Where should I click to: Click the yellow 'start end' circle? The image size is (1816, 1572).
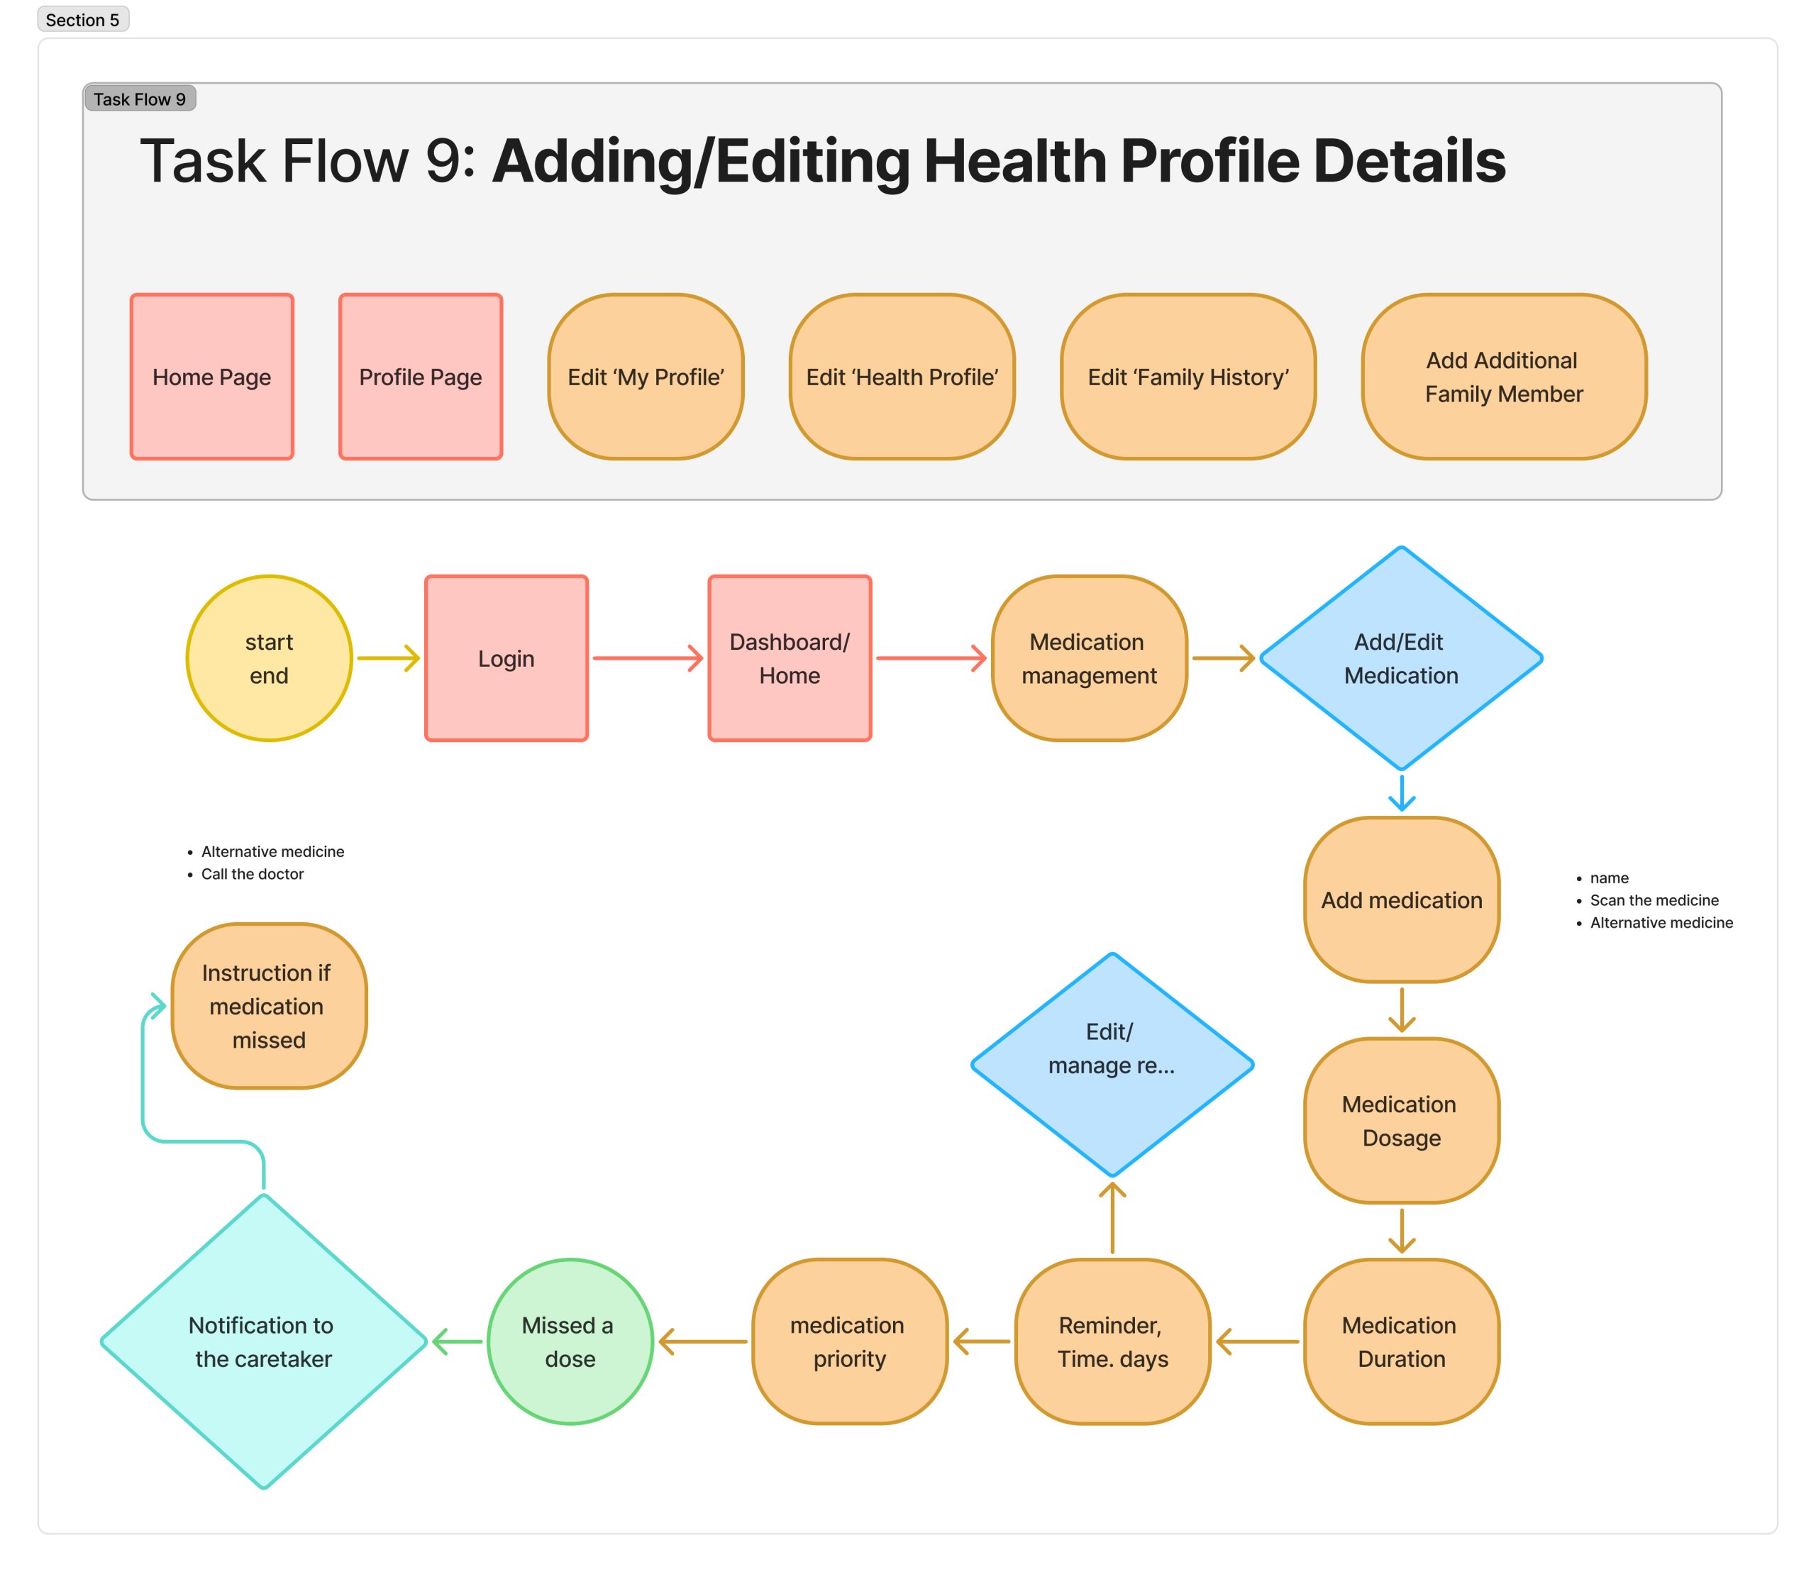pyautogui.click(x=270, y=659)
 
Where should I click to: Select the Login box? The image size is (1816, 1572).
pyautogui.click(x=506, y=659)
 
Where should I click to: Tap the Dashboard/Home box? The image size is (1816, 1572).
pyautogui.click(x=790, y=659)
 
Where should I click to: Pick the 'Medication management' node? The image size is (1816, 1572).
pyautogui.click(x=1089, y=659)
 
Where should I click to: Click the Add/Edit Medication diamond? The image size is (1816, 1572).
pyautogui.click(x=1401, y=659)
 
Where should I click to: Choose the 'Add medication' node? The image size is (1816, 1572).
pyautogui.click(x=1401, y=900)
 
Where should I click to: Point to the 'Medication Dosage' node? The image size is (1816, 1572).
pyautogui.click(x=1401, y=1121)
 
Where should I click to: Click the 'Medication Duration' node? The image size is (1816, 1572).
pyautogui.click(x=1401, y=1341)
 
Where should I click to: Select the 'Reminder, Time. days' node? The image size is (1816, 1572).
pyautogui.click(x=1112, y=1341)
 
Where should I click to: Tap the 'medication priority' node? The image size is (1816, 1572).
pyautogui.click(x=849, y=1341)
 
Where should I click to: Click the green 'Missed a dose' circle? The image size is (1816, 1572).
pyautogui.click(x=570, y=1341)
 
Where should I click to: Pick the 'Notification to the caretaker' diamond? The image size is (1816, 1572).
pyautogui.click(x=263, y=1341)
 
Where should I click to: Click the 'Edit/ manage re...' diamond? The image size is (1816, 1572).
pyautogui.click(x=1112, y=1065)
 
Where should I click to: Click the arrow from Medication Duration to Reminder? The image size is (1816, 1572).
pyautogui.click(x=1257, y=1341)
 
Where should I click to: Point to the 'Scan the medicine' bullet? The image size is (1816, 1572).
pyautogui.click(x=1654, y=900)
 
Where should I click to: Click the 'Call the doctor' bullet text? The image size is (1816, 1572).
pyautogui.click(x=252, y=874)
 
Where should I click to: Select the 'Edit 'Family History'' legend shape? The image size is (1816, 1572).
pyautogui.click(x=1188, y=377)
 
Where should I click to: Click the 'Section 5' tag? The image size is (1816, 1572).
pyautogui.click(x=82, y=19)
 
